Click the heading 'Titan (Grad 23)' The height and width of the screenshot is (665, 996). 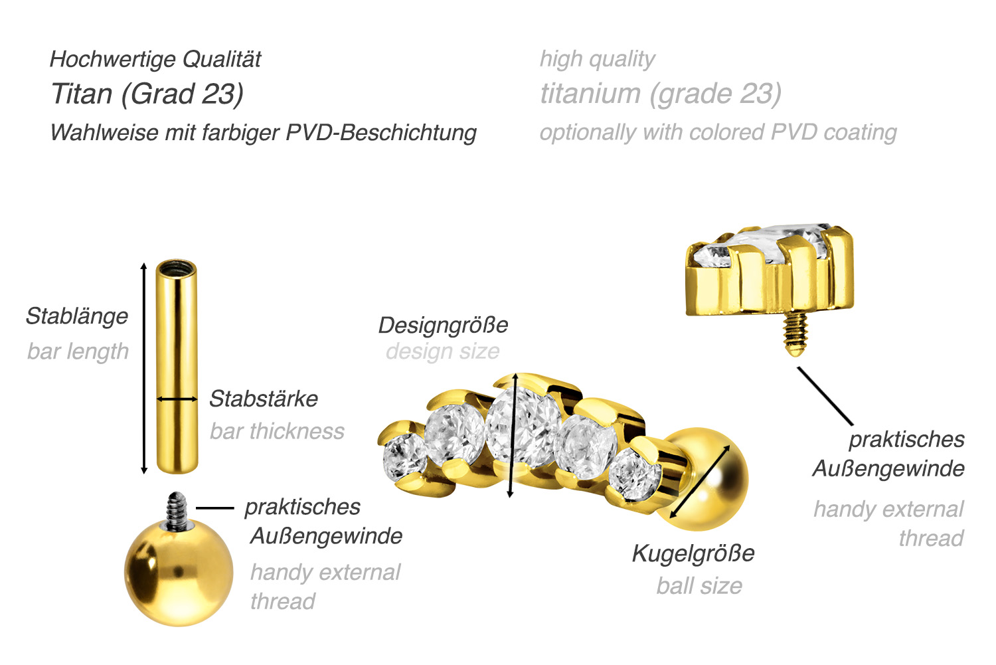click(147, 94)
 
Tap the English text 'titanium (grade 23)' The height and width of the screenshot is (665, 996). click(661, 94)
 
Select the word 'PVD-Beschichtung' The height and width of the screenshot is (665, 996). click(381, 133)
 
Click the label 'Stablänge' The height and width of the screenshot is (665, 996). click(77, 316)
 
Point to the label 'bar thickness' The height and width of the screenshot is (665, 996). click(277, 431)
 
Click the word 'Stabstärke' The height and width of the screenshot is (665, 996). click(264, 399)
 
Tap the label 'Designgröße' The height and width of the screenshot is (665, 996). click(444, 325)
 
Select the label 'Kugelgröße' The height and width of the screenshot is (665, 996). click(694, 553)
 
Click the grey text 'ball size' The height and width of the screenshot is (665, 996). click(699, 586)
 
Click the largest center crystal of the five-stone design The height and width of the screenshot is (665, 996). click(522, 426)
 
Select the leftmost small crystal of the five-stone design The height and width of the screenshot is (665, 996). click(404, 457)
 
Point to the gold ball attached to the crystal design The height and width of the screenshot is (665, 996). click(703, 479)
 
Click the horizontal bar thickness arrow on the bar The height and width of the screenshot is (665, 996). click(177, 399)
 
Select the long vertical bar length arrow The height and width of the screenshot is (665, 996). click(143, 368)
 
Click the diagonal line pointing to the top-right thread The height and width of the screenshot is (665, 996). click(825, 396)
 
